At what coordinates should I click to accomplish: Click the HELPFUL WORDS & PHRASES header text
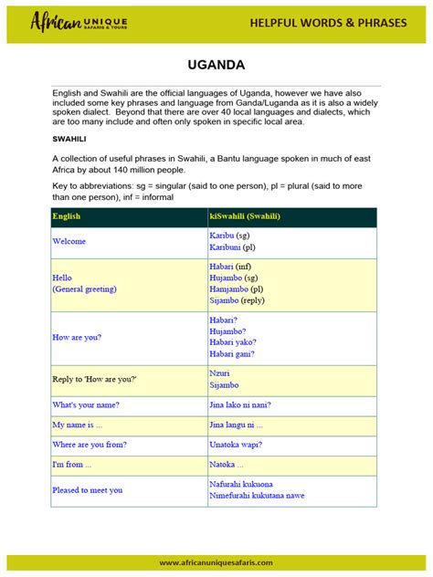pyautogui.click(x=328, y=22)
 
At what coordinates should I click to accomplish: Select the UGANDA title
pyautogui.click(x=216, y=67)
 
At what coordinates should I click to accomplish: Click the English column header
pyautogui.click(x=68, y=216)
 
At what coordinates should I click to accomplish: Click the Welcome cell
pyautogui.click(x=69, y=241)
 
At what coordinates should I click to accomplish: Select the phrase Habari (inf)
pyautogui.click(x=230, y=266)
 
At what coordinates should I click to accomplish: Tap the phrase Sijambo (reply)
pyautogui.click(x=237, y=299)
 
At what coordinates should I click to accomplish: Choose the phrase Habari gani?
pyautogui.click(x=232, y=353)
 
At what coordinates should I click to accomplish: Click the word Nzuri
pyautogui.click(x=219, y=373)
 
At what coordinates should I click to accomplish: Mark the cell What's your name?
pyautogui.click(x=86, y=404)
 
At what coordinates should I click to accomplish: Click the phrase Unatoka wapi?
pyautogui.click(x=236, y=445)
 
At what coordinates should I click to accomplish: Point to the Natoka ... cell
pyautogui.click(x=227, y=465)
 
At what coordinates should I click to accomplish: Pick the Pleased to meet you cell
pyautogui.click(x=88, y=490)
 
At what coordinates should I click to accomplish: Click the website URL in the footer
pyautogui.click(x=216, y=562)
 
